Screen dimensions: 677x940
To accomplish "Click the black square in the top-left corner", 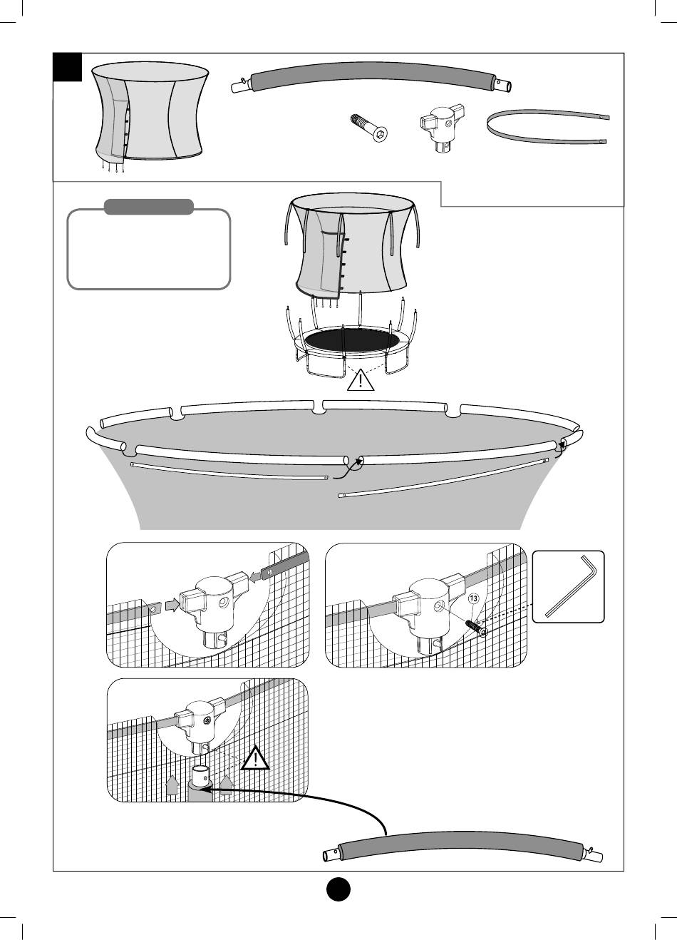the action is [x=68, y=67].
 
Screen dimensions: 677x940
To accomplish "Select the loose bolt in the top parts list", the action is [x=369, y=128].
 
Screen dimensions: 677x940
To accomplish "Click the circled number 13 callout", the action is [x=473, y=598].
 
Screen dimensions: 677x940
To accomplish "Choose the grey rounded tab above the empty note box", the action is [x=149, y=207].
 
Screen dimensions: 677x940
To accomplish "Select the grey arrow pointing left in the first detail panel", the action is [x=255, y=578].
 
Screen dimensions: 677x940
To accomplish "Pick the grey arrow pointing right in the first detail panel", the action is [x=172, y=605].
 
